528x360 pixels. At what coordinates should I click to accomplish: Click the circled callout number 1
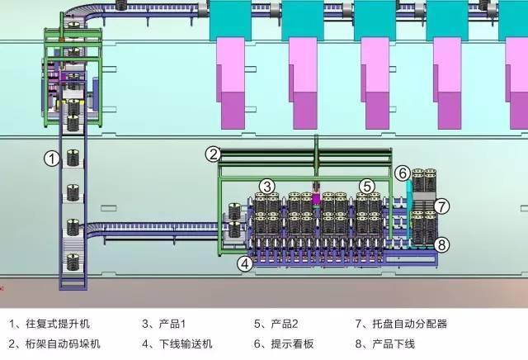51,158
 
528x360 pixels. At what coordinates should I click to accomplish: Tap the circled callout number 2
213,154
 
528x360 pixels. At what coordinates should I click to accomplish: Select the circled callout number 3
266,186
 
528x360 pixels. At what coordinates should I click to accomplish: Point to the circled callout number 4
244,264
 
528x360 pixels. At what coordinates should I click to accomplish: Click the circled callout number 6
402,173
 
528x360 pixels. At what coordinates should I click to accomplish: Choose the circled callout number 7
441,205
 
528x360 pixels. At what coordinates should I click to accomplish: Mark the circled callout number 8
441,244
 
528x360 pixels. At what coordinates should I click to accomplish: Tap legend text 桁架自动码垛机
65,343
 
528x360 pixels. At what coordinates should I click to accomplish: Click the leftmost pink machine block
234,91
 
